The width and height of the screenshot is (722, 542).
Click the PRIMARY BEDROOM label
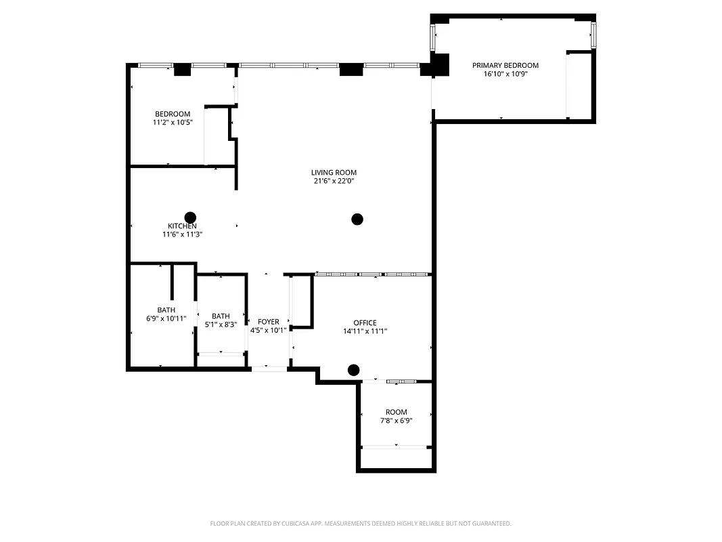coord(505,65)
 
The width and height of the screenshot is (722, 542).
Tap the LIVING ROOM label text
coord(334,172)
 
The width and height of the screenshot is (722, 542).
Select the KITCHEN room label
coord(183,226)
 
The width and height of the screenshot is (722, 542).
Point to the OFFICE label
coord(365,322)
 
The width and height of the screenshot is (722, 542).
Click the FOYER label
coord(269,322)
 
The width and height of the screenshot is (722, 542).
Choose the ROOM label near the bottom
coord(397,412)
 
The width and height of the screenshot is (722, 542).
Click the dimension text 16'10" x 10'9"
coord(505,74)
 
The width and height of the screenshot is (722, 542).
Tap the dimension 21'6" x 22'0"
coord(334,181)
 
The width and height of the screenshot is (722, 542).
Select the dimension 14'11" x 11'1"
coord(365,331)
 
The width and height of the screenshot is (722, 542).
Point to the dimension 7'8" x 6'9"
coord(397,421)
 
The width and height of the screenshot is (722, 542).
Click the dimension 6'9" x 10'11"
coord(166,318)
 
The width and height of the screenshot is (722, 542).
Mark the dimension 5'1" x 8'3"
coord(221,325)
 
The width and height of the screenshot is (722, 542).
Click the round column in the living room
coord(357,219)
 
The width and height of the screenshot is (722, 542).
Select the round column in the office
coord(353,370)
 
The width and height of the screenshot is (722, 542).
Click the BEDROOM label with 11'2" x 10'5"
coord(173,114)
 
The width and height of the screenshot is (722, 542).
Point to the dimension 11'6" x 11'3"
coord(183,234)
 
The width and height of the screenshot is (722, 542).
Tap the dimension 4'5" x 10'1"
coord(269,331)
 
